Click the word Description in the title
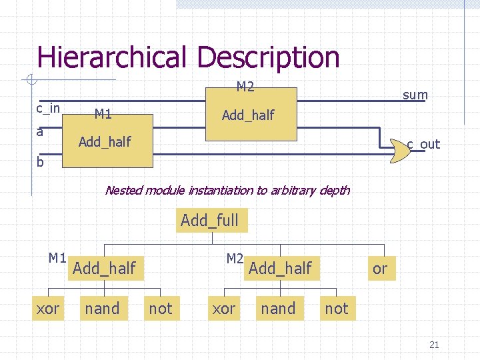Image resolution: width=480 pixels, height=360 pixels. pos(268,57)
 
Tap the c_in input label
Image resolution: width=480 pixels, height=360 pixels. pos(48,108)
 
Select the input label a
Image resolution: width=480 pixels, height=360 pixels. pos(40,131)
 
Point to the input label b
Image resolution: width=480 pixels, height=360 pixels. pos(40,161)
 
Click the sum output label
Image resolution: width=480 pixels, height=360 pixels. pos(415,95)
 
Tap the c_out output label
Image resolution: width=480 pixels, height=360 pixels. pos(423,144)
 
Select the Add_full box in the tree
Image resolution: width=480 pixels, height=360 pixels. pos(210,220)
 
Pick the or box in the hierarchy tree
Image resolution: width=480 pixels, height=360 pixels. pos(380,269)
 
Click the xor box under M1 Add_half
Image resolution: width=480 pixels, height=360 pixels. pos(47,309)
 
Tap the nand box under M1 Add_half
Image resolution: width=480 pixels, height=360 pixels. pos(102,309)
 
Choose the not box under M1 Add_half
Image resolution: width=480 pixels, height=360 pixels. pos(160,309)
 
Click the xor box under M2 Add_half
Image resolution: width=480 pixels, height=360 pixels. pos(223,309)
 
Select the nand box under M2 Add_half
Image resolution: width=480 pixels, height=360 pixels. pos(278,309)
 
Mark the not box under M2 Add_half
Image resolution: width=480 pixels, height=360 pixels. pos(336,309)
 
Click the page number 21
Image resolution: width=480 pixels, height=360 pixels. pos(434,345)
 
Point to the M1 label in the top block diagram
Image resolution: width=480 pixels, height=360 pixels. pos(103,114)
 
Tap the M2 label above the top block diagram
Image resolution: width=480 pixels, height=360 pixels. pos(245,87)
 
